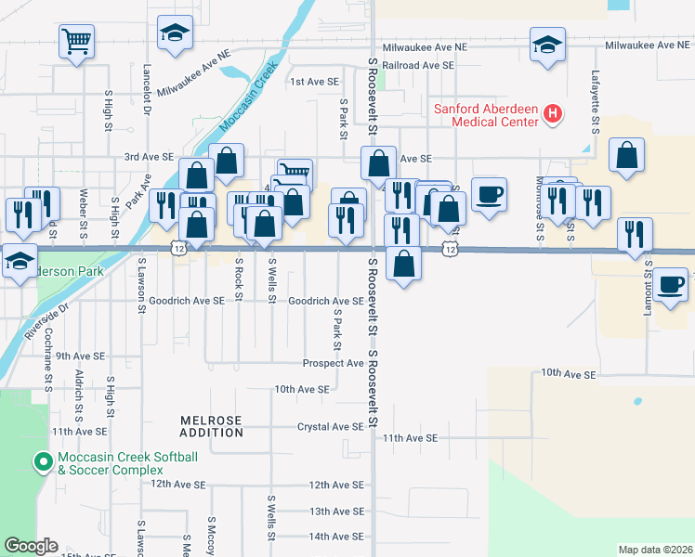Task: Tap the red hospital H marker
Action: (x=553, y=115)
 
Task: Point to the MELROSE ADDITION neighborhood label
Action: (x=211, y=427)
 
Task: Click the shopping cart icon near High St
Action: (x=77, y=41)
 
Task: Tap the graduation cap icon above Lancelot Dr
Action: (x=174, y=34)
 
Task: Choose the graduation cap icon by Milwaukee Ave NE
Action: (x=547, y=44)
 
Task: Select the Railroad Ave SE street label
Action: (x=418, y=66)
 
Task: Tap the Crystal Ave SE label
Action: (x=330, y=427)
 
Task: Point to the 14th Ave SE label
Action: (x=336, y=537)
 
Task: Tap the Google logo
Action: (x=32, y=546)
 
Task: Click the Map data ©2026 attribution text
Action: (x=656, y=550)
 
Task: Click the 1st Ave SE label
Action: (x=314, y=82)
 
